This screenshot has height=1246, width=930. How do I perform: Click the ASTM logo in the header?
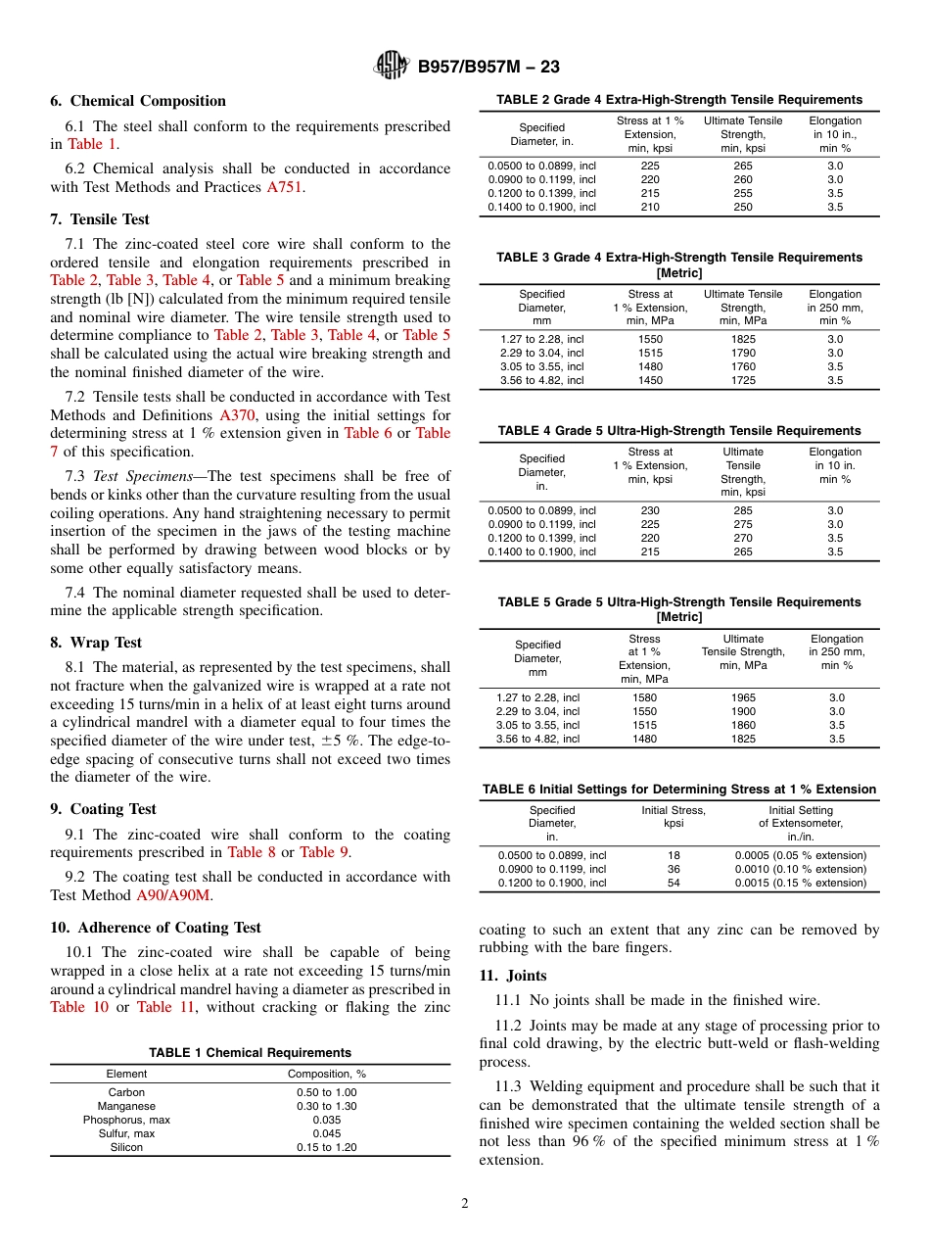393,67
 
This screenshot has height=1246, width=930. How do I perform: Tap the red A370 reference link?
237,414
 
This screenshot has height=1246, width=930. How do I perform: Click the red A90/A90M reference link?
173,895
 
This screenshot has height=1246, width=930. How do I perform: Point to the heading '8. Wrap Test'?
96,643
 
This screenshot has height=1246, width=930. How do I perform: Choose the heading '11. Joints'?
513,976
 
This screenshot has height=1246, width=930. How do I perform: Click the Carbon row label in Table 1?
126,1092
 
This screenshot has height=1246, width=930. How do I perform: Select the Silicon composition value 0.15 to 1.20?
327,1147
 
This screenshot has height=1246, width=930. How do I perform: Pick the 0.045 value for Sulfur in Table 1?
327,1133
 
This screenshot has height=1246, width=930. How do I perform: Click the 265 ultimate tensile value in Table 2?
743,166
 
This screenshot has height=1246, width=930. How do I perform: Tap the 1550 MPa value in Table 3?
650,339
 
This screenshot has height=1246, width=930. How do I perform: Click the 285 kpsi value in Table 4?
743,510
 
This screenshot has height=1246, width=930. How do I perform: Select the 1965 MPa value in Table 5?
743,697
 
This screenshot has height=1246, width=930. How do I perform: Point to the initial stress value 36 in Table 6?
674,869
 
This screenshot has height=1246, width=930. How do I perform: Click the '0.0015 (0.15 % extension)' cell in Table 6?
801,883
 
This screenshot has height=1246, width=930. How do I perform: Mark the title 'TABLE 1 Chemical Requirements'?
250,1053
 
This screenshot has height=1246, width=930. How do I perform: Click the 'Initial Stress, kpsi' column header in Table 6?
674,817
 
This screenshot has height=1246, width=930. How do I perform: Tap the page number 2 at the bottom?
465,1204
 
